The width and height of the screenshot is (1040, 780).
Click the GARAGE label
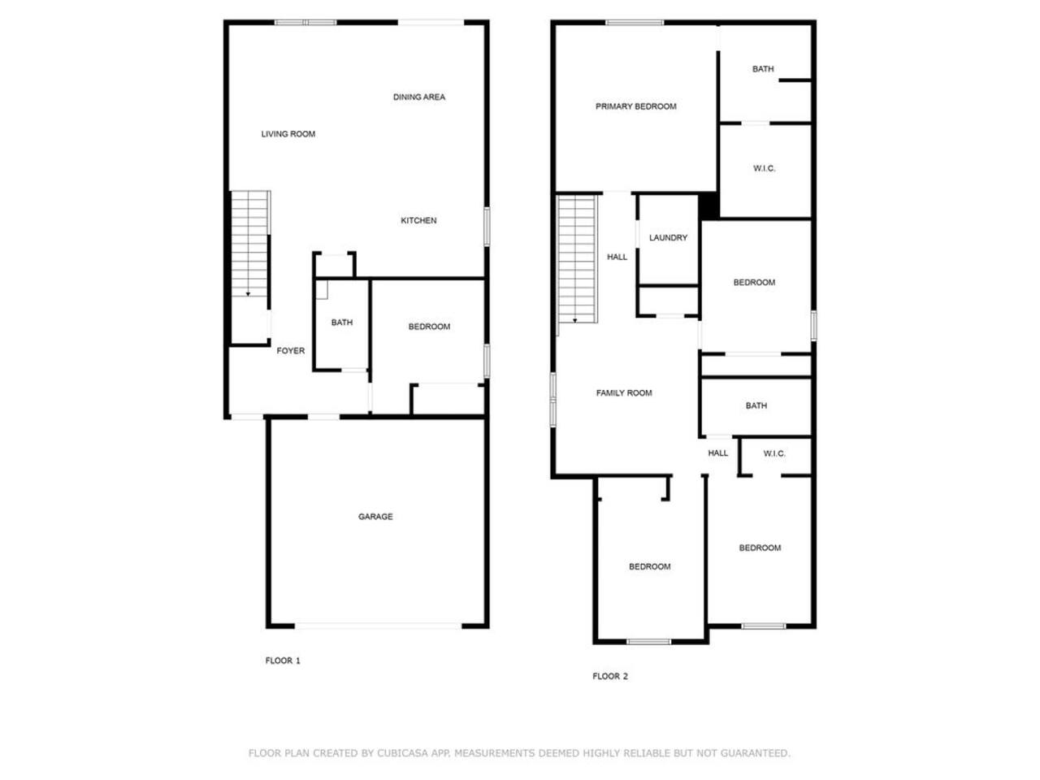(375, 517)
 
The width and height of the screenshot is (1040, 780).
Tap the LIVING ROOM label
(288, 134)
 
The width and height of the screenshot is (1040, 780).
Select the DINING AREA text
(418, 97)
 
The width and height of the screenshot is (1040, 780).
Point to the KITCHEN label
(418, 221)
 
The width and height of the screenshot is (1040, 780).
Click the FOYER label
(290, 351)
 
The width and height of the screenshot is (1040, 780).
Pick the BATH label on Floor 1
(341, 323)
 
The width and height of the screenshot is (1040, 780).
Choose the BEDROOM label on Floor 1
(429, 327)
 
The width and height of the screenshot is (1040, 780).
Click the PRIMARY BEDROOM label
(635, 106)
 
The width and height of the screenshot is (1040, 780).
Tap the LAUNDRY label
(668, 238)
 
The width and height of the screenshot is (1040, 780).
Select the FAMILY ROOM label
(623, 393)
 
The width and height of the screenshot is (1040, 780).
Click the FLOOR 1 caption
(283, 661)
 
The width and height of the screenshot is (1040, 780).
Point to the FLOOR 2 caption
(610, 676)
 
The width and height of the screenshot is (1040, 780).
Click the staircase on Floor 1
(249, 244)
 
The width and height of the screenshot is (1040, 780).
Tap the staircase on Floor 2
(576, 259)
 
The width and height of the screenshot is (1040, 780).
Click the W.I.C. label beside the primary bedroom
(765, 169)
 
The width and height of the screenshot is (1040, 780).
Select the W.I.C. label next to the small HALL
(774, 453)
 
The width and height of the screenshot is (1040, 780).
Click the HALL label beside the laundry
(617, 258)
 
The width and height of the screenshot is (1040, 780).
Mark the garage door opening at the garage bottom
(378, 626)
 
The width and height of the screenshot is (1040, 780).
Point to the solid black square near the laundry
(709, 206)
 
